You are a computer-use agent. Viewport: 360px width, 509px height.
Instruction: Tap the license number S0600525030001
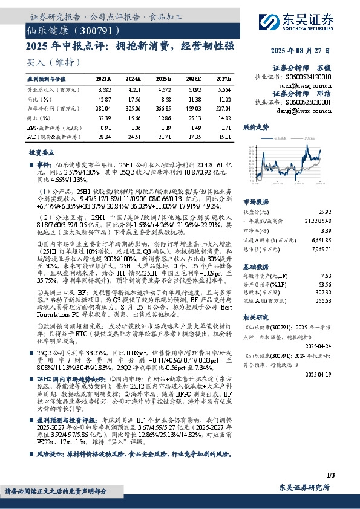[306, 103]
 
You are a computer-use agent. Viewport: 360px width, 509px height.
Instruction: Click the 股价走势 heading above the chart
[255, 128]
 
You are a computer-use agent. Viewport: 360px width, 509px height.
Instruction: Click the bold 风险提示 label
[49, 452]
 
